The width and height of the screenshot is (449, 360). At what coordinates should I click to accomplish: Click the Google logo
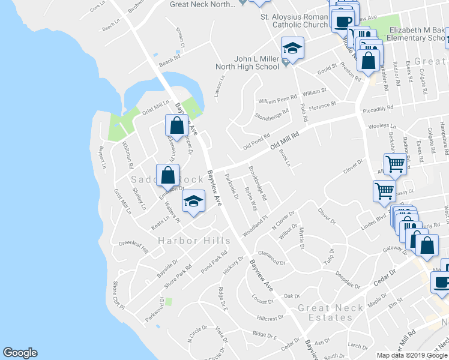coord(20,353)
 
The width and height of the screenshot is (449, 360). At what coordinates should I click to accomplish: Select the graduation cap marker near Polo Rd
coord(293,48)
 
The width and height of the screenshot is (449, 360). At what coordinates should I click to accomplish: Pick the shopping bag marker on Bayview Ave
coord(176,125)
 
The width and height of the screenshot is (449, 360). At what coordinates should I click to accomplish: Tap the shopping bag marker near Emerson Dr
coord(168,175)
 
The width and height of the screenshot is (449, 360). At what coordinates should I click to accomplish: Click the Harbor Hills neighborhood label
coord(194,241)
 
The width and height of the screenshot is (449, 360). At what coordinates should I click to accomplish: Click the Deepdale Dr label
coord(348,279)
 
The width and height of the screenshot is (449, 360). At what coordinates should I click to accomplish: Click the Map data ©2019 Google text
coord(412,355)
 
